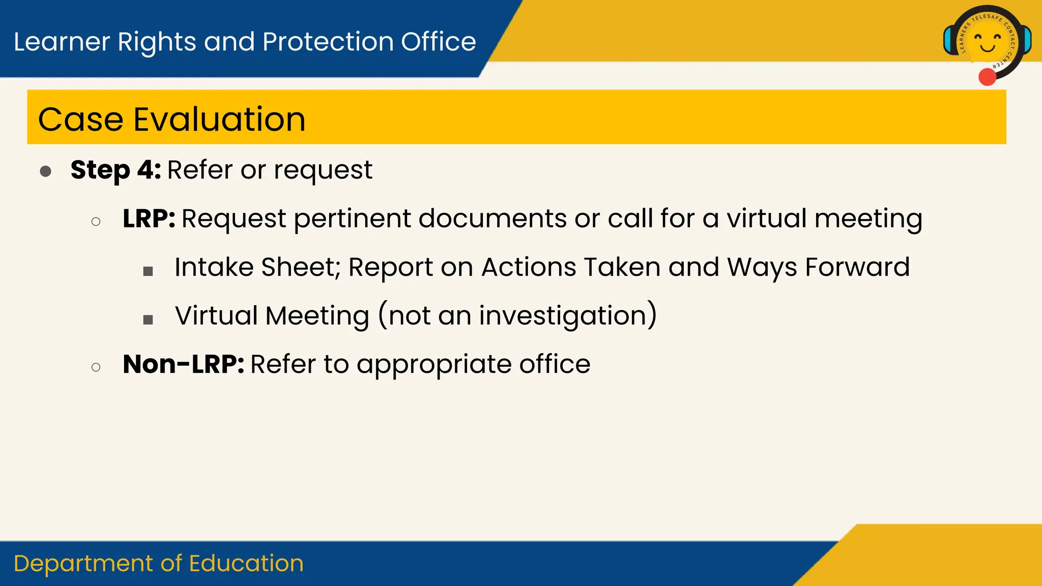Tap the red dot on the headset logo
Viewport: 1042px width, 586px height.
point(987,77)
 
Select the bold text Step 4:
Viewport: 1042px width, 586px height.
point(115,169)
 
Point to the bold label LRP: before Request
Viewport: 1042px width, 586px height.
point(149,219)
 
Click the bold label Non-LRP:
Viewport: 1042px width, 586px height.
point(183,364)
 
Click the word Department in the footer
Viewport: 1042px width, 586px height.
point(84,564)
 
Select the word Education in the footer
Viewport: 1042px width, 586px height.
point(246,564)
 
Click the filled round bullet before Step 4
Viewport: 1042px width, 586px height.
point(45,171)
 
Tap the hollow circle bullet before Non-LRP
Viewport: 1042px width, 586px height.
point(96,367)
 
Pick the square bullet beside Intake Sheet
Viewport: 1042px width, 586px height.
point(148,271)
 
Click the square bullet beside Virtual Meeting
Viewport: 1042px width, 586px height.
point(148,319)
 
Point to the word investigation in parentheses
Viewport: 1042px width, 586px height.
point(562,316)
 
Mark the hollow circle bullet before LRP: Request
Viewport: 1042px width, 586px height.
point(96,221)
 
